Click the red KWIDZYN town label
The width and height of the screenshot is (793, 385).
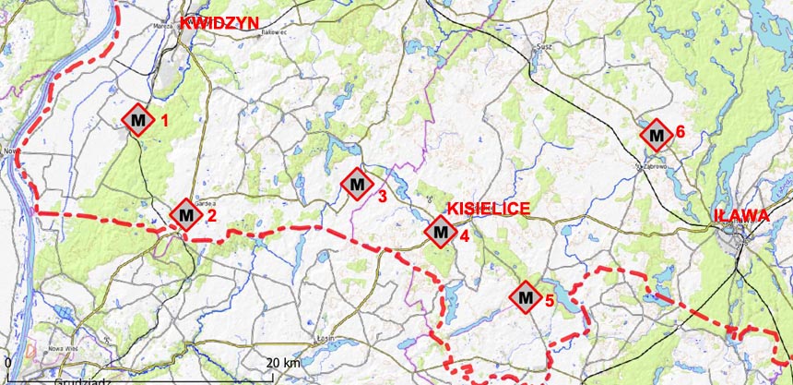tap(220, 24)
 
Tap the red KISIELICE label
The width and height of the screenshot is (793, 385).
tap(488, 209)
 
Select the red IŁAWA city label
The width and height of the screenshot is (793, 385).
tap(741, 215)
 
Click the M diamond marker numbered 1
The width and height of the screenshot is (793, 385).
tap(138, 119)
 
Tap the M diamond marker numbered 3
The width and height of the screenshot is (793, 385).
tap(357, 184)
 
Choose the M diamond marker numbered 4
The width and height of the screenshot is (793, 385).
tap(441, 231)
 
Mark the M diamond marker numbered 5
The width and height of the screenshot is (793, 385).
tap(526, 297)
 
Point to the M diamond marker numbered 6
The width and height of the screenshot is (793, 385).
tap(656, 136)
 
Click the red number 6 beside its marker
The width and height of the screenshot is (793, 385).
tap(680, 131)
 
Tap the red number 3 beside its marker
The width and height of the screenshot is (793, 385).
tap(381, 195)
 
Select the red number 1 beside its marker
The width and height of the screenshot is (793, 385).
tap(164, 119)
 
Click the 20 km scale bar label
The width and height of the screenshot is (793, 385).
tap(283, 363)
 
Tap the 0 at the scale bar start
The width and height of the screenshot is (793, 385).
tap(7, 363)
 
